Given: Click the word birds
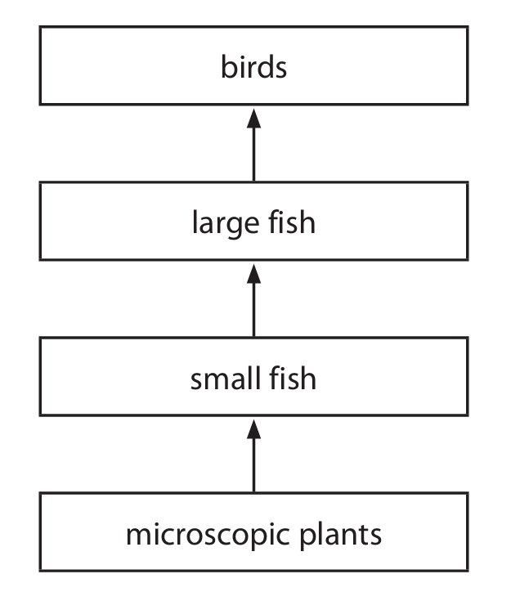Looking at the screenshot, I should coord(253,67).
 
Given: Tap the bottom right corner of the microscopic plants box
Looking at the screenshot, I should coord(468,571).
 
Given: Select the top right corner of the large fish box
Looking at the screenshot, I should coord(468,183).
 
